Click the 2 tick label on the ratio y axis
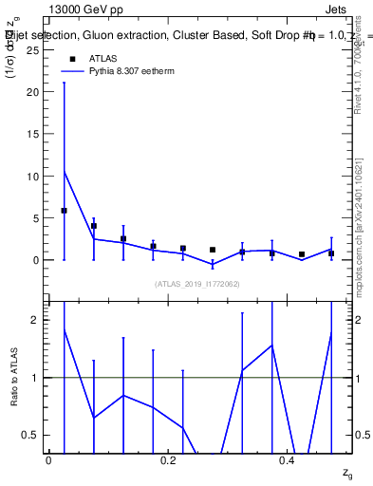[34, 320]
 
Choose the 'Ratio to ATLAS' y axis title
[14, 378]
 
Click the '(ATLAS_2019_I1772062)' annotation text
[198, 283]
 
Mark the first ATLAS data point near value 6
[64, 210]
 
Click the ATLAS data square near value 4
[94, 226]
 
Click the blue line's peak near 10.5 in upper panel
[64, 172]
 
